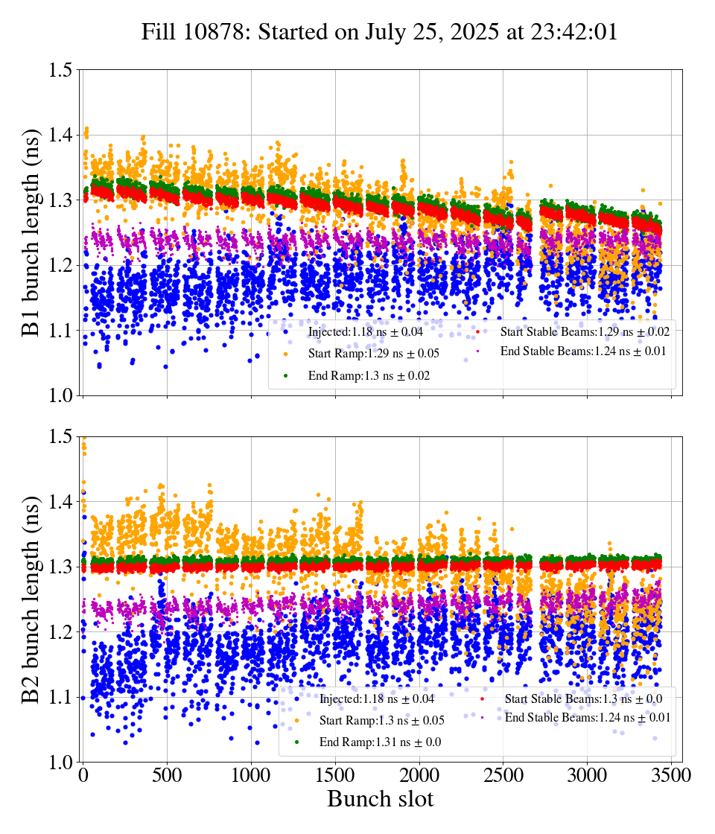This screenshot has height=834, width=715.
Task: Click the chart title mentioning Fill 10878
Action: (x=380, y=33)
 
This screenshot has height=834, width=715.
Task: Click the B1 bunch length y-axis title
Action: (x=31, y=232)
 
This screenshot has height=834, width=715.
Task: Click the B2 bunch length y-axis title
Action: (x=31, y=599)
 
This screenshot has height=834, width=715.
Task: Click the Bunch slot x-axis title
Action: (x=380, y=800)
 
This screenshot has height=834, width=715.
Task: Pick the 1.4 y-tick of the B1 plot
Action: (x=60, y=136)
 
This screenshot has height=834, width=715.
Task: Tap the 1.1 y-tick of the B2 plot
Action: (x=60, y=697)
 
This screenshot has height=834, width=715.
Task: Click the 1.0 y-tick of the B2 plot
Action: (x=60, y=762)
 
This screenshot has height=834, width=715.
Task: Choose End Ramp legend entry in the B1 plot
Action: (x=369, y=376)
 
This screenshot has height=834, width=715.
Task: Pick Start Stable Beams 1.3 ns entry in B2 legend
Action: (x=583, y=698)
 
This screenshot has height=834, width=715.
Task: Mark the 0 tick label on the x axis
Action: (x=83, y=775)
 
